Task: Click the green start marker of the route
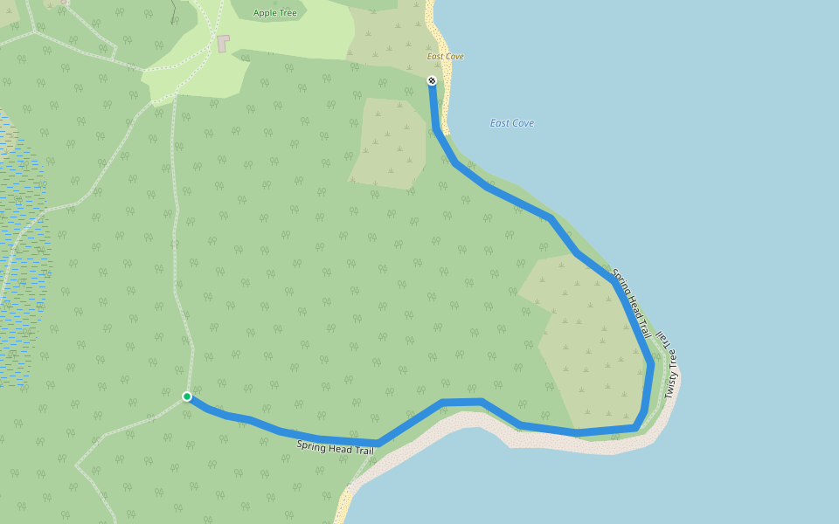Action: pyautogui.click(x=187, y=396)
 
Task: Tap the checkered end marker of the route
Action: pyautogui.click(x=432, y=80)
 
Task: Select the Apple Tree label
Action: pyautogui.click(x=274, y=13)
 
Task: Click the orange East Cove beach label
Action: pyautogui.click(x=445, y=57)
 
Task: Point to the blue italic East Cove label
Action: pyautogui.click(x=512, y=123)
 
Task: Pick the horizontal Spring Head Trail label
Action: pyautogui.click(x=335, y=447)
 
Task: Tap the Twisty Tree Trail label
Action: pyautogui.click(x=669, y=364)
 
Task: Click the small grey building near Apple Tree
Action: pyautogui.click(x=223, y=43)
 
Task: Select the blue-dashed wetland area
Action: pyautogui.click(x=22, y=262)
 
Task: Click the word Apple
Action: pyautogui.click(x=263, y=13)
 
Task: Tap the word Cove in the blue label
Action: pyautogui.click(x=523, y=123)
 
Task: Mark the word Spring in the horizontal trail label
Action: pyautogui.click(x=311, y=445)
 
